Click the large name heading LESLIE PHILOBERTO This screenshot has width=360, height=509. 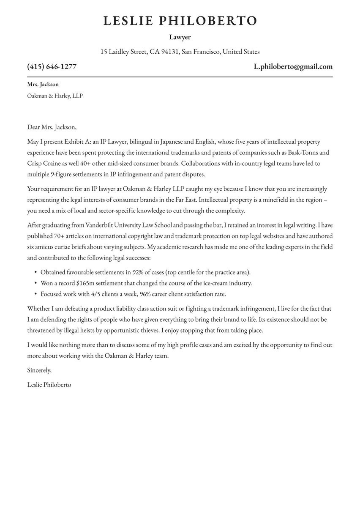tap(180, 21)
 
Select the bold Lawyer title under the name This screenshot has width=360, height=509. tap(180, 37)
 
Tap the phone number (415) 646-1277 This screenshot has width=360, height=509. tap(52, 66)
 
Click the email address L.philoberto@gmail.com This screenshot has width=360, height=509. tap(293, 66)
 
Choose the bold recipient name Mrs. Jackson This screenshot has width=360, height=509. tap(43, 85)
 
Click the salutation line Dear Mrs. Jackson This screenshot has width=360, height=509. tap(52, 127)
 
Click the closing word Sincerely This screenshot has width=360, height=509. tap(39, 370)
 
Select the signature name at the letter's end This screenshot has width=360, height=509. tap(49, 385)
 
